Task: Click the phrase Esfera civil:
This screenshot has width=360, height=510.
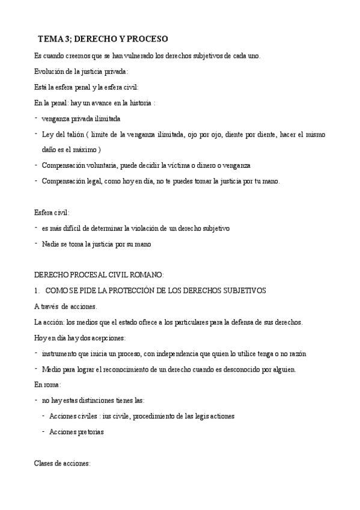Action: click(52, 212)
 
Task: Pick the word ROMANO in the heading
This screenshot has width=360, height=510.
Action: click(144, 275)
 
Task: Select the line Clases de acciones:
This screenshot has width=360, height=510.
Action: click(63, 463)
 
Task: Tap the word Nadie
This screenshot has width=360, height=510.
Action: click(51, 244)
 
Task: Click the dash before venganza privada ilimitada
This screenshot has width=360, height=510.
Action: click(37, 118)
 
